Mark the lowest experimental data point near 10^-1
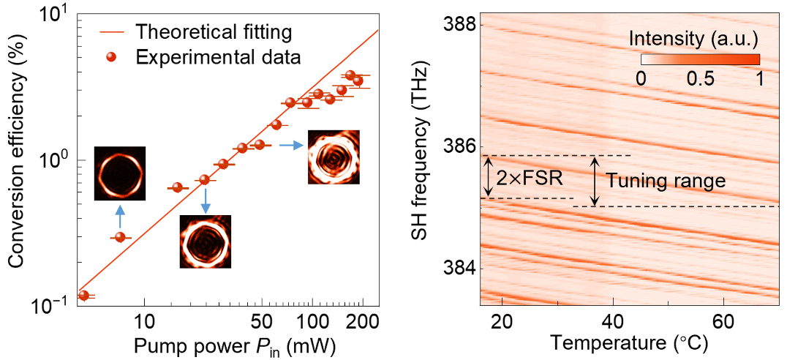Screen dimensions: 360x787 click(84, 296)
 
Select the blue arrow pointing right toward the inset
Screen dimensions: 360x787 click(292, 145)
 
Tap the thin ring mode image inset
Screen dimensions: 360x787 click(120, 173)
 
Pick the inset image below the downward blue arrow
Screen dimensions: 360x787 click(206, 241)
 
